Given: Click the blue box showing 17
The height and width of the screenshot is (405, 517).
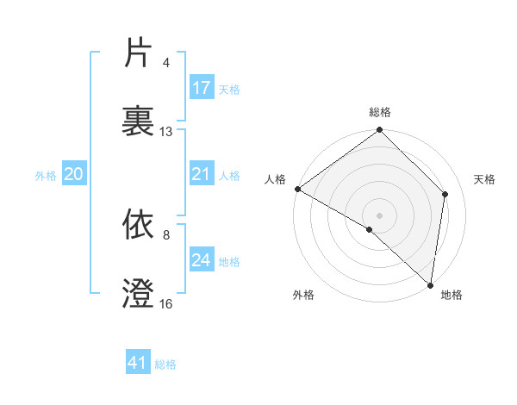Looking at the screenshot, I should click(x=202, y=88).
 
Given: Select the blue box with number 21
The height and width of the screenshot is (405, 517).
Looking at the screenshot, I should click(x=202, y=175).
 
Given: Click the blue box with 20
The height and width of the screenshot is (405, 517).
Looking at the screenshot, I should click(x=74, y=175).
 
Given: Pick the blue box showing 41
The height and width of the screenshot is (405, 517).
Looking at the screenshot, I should click(x=139, y=364).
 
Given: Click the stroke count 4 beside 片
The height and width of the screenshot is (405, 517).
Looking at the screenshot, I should click(x=167, y=63).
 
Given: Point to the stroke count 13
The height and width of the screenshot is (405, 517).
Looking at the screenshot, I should click(x=166, y=132).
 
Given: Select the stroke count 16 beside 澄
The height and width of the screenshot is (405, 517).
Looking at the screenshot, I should click(x=166, y=304).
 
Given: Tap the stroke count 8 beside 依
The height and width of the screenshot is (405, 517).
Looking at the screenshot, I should click(x=167, y=234).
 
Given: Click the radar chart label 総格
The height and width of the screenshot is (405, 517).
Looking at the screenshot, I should click(x=380, y=112).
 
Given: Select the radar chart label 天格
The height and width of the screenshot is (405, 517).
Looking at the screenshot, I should click(x=485, y=179).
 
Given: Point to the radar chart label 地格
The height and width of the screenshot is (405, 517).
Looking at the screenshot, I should click(x=452, y=296).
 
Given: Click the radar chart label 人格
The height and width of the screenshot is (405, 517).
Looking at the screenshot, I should click(x=275, y=179).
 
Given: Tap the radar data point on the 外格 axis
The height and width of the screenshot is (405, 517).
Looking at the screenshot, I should click(x=370, y=229).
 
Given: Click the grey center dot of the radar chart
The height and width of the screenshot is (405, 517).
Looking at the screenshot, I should click(x=380, y=215).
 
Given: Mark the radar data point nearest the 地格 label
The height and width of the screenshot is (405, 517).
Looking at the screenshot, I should click(x=430, y=284).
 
